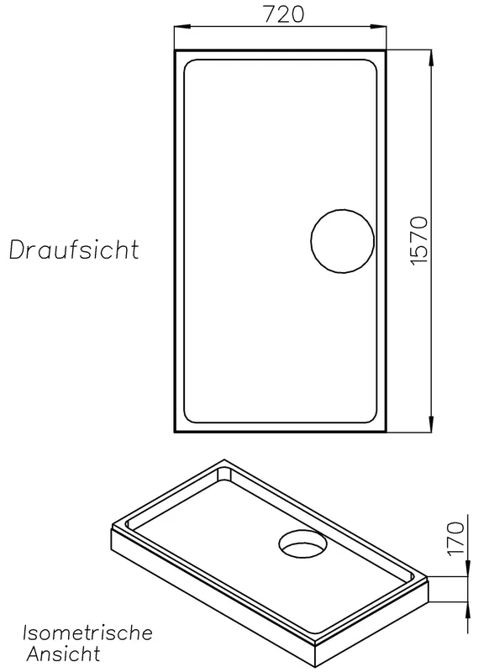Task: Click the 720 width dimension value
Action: tap(283, 13)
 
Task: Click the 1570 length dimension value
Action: tap(418, 241)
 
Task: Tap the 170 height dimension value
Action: tap(455, 538)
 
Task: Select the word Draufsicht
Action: tap(74, 249)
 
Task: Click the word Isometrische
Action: tap(88, 633)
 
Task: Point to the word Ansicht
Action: tap(64, 654)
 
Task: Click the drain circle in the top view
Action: tap(343, 209)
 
